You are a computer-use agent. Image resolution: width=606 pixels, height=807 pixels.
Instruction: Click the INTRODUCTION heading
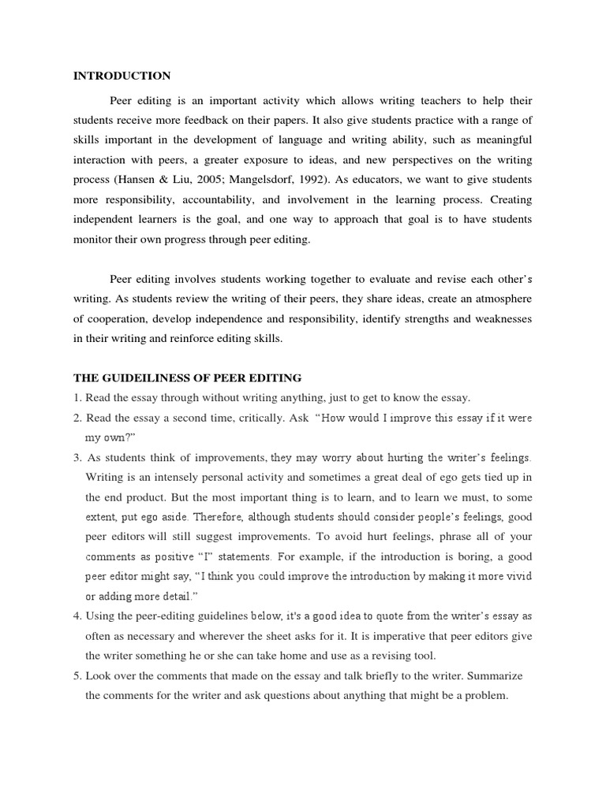coord(122,76)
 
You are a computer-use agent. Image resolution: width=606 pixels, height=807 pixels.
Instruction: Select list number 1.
coord(77,397)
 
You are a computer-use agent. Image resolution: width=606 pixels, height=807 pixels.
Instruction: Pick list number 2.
coord(77,418)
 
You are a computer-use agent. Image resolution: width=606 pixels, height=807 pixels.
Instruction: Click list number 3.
coord(77,458)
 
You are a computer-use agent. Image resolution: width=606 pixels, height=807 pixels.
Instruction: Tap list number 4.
coord(77,615)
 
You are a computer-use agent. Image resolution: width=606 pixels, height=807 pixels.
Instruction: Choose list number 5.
coord(77,676)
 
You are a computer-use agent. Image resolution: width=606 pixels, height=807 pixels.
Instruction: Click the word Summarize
coord(496,676)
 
